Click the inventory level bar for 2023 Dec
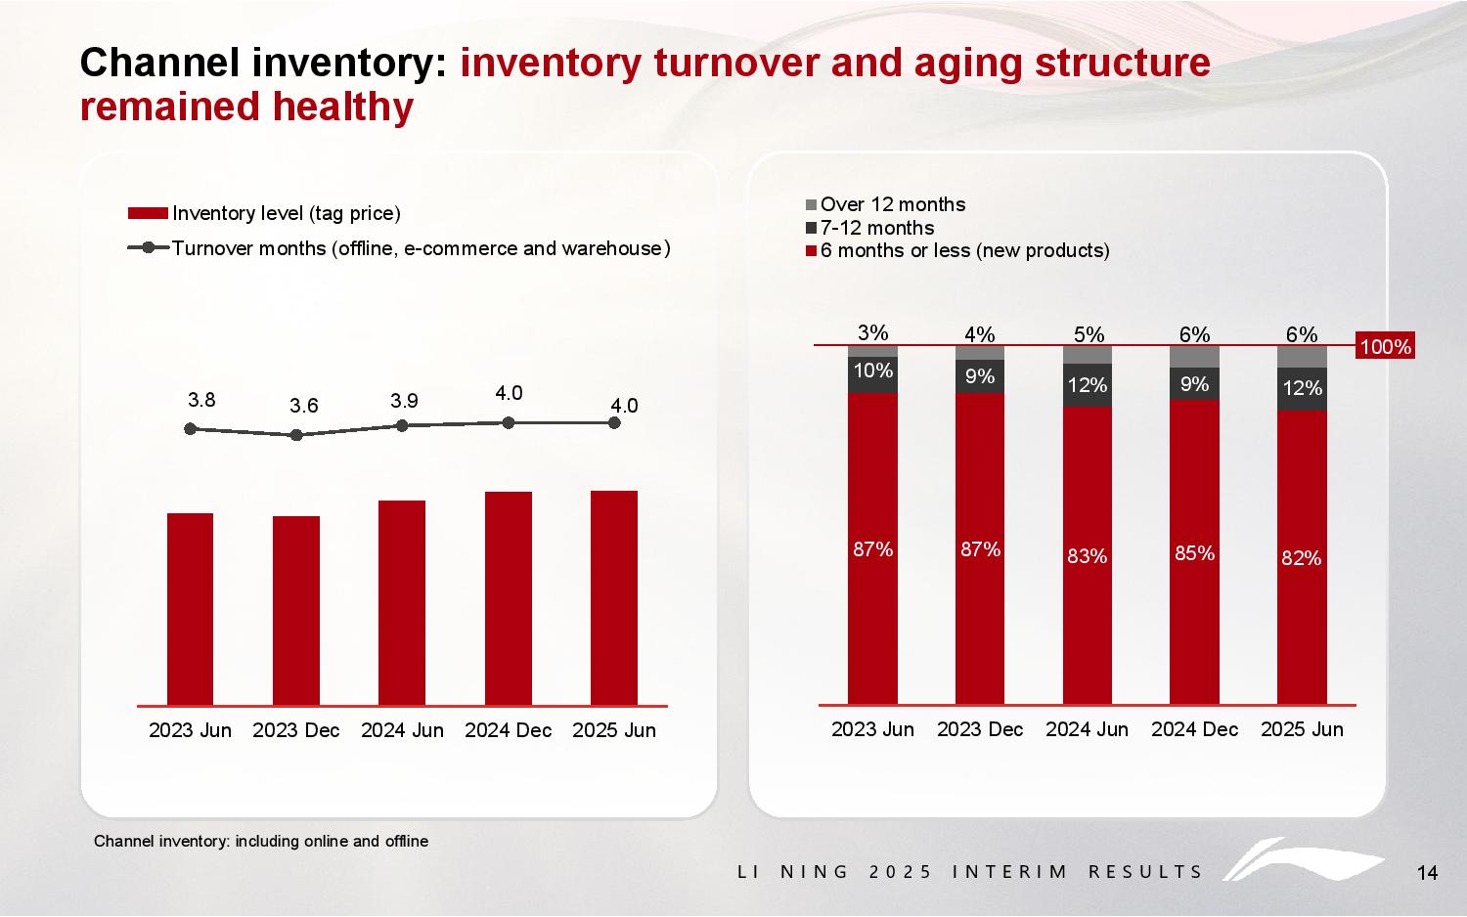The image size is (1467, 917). coord(296,610)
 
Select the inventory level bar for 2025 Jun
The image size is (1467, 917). coord(614,597)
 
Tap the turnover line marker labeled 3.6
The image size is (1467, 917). coord(296,435)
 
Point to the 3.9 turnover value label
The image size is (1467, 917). coord(404,401)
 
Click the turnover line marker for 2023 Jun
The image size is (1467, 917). coord(190,428)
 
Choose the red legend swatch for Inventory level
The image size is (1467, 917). coord(149,213)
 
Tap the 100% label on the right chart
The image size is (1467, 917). coord(1386,347)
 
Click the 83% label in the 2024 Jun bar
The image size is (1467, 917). coord(1088,556)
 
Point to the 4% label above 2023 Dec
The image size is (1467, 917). coord(980,334)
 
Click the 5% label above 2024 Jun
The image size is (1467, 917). coord(1088,334)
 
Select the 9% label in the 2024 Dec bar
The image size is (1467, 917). coord(1194,384)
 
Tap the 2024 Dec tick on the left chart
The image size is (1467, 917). coord(508,730)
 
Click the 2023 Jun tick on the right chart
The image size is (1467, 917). coord(872,729)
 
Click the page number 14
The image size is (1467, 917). coord(1427,873)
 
